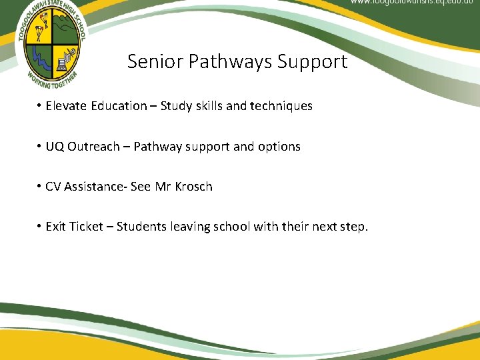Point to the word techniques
(x=281, y=106)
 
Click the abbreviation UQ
(x=55, y=147)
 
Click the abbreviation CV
(x=53, y=187)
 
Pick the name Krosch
(x=193, y=187)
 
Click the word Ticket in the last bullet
(x=88, y=227)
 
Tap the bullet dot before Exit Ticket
(x=40, y=227)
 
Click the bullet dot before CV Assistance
(x=40, y=187)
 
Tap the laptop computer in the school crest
(x=65, y=63)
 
